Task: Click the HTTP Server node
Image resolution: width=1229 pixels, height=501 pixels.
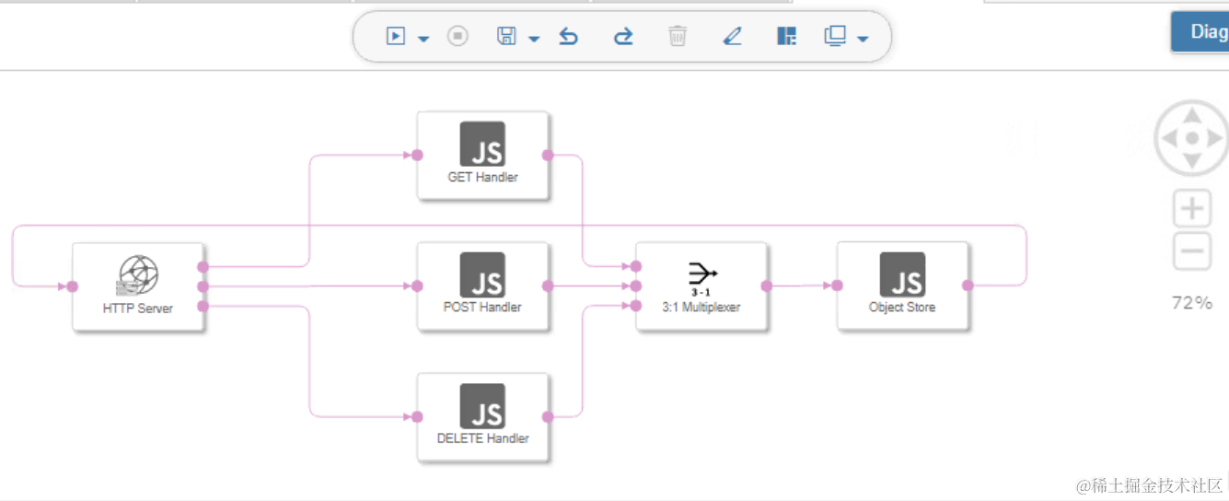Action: tap(138, 285)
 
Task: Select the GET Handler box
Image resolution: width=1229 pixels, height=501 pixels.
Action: tap(482, 155)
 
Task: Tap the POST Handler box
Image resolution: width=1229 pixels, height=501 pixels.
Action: tap(482, 285)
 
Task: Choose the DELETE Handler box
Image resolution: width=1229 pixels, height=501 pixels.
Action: tap(482, 416)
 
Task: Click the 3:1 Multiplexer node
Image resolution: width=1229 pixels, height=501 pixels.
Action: tap(701, 285)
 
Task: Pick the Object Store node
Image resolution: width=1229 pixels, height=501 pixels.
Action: tap(902, 285)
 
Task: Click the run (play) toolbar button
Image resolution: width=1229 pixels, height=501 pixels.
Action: tap(396, 37)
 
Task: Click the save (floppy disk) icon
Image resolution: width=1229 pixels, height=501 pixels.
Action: tap(506, 37)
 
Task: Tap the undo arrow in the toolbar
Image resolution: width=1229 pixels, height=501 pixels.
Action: tap(569, 37)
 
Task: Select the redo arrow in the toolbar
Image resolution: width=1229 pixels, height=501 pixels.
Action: tap(623, 37)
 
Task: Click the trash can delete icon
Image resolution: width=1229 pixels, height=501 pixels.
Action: tap(678, 37)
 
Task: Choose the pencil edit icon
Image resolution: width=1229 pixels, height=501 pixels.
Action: tap(732, 37)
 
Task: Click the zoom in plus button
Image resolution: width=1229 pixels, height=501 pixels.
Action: tap(1192, 209)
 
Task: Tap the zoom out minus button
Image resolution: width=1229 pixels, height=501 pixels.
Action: tap(1192, 250)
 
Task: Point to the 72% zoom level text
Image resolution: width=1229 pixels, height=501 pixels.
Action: tap(1191, 303)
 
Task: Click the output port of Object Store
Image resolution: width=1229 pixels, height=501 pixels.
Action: tap(968, 285)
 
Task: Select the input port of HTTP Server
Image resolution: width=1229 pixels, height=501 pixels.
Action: tap(73, 286)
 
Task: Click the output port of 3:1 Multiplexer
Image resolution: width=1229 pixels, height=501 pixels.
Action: tap(767, 285)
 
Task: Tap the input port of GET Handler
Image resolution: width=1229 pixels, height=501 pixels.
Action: tap(417, 155)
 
